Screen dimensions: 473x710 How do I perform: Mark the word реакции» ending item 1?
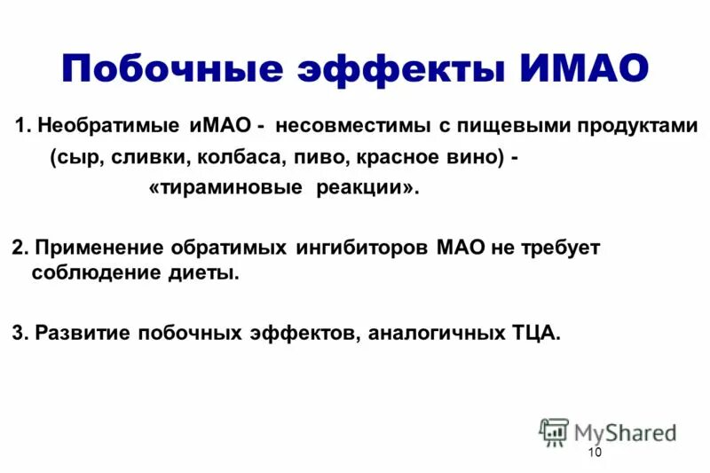click(367, 190)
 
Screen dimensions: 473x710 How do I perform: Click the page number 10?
click(594, 453)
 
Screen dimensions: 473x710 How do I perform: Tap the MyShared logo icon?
click(555, 430)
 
